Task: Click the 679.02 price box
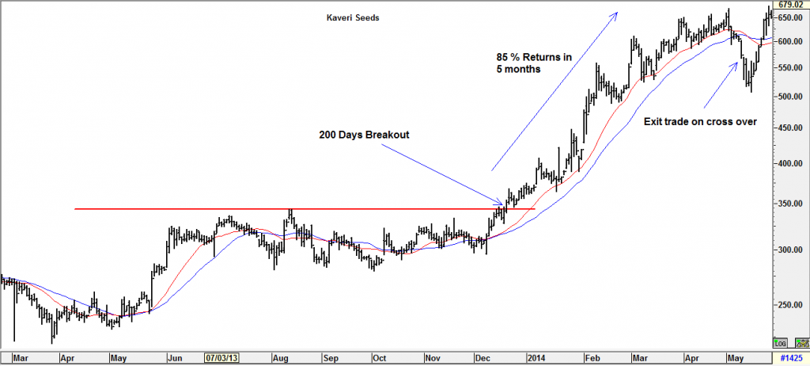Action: click(791, 5)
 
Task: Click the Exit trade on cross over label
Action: click(690, 122)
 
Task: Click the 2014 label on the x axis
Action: click(536, 357)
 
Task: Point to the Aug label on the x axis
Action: click(281, 357)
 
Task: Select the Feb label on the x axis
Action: click(591, 357)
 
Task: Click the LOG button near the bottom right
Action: click(780, 343)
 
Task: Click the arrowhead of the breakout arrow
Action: click(499, 204)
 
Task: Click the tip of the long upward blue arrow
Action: click(616, 13)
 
